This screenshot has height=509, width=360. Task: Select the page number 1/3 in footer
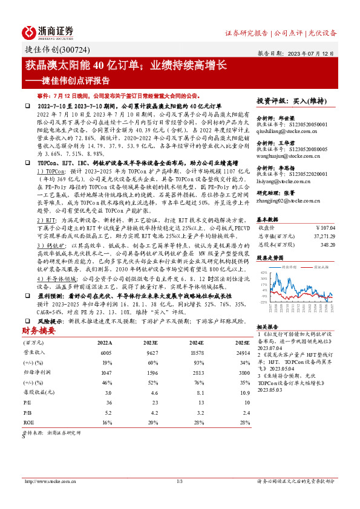pyautogui.click(x=179, y=482)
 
